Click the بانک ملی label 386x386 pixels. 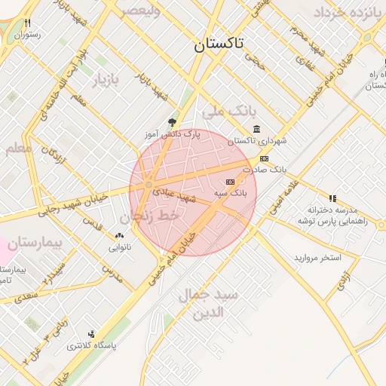pos(225,112)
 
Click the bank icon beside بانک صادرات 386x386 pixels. pos(264,158)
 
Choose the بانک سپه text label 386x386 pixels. pos(230,194)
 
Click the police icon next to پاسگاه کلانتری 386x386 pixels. pos(92,334)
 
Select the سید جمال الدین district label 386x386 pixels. pos(209,302)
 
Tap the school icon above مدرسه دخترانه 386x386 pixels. pos(332,198)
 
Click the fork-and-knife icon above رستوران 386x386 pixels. pos(28,23)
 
